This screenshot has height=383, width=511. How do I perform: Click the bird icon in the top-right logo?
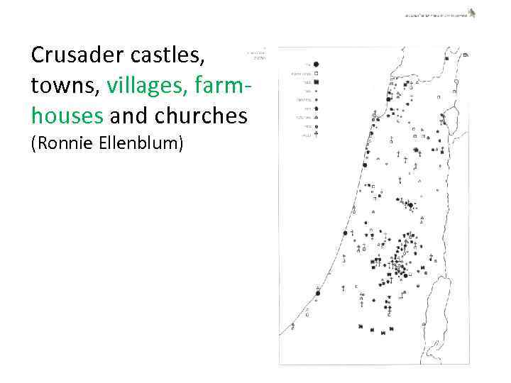(x=471, y=12)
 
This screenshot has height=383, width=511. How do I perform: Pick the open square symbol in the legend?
(x=315, y=73)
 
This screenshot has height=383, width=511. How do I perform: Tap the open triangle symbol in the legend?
(x=315, y=117)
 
